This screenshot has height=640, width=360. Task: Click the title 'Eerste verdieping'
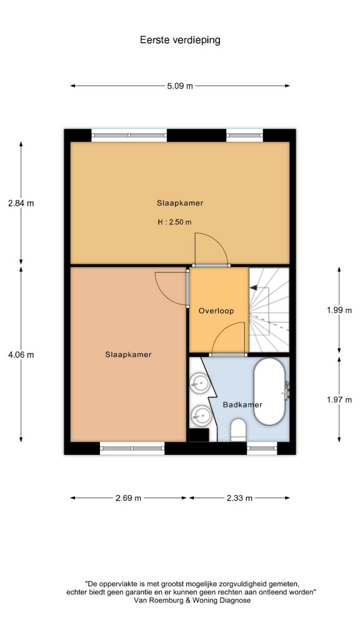pos(180,40)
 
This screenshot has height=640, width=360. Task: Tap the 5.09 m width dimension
pos(180,86)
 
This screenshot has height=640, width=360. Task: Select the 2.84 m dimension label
pos(21,203)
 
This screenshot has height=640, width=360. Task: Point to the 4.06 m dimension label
pos(21,355)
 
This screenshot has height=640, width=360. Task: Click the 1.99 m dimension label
pos(339,310)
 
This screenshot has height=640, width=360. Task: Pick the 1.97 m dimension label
pos(339,399)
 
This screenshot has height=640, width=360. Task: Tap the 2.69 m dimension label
pos(128,498)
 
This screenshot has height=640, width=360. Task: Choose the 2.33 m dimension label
pos(239,498)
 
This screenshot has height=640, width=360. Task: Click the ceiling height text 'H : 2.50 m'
pos(175,222)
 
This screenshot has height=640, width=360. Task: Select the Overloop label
pos(216,311)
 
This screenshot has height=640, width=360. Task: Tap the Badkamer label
pos(242,405)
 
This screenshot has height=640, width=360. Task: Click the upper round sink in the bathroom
pos(200,383)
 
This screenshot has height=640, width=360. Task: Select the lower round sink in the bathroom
pos(200,416)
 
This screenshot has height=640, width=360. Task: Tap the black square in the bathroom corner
pos(199,435)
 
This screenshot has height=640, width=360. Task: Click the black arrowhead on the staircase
pos(254,287)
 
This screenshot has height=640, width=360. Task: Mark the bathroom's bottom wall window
pos(262,449)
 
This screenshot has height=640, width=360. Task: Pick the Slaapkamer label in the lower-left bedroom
pos(128,355)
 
